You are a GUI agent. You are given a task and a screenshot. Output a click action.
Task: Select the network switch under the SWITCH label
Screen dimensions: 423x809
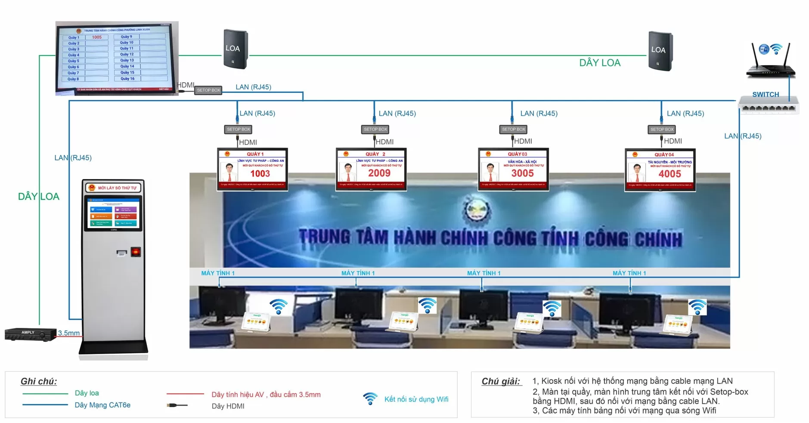769,106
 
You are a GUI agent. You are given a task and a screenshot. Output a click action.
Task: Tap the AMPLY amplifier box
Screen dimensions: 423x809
30,334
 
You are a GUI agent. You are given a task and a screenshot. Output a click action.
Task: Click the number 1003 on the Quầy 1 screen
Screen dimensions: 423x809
260,173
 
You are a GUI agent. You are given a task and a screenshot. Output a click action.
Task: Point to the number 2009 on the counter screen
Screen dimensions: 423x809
379,173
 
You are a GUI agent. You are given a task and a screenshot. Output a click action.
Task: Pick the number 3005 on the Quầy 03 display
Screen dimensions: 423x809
522,173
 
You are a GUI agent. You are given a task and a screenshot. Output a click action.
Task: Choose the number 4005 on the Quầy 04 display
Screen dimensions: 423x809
670,174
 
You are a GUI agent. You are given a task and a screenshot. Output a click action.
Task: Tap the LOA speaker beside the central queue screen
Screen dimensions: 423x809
235,49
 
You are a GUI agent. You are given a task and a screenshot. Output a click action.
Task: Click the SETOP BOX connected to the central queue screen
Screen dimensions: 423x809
208,90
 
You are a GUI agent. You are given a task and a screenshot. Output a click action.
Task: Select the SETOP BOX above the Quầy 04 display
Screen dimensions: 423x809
662,130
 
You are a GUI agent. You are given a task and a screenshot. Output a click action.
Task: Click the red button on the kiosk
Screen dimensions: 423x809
136,252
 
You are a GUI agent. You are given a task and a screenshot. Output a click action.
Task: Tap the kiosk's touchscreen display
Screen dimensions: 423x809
113,213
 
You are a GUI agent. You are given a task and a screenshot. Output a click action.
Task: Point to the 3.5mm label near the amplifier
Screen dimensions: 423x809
69,333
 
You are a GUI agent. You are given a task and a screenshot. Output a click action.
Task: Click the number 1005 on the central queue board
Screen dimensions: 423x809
97,37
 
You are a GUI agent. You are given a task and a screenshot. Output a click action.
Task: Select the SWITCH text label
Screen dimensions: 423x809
766,95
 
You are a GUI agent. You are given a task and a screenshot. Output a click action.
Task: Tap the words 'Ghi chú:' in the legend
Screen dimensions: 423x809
39,381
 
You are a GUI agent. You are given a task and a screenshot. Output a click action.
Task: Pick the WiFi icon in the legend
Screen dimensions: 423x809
370,398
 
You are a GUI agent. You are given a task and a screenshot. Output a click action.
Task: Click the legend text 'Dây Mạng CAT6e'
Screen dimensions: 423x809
102,405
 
